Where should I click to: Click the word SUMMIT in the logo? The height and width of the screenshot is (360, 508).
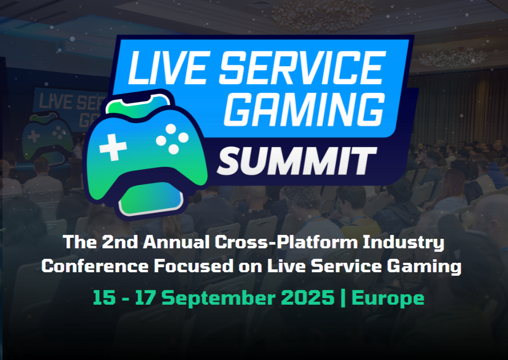pyautogui.click(x=296, y=159)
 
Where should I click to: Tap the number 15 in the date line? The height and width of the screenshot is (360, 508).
pyautogui.click(x=104, y=298)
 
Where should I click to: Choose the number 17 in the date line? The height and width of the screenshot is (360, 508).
pyautogui.click(x=146, y=298)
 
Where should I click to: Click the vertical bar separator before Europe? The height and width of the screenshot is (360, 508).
pyautogui.click(x=343, y=298)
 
